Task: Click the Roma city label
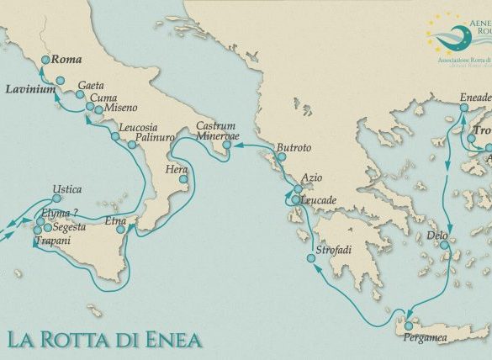(65, 61)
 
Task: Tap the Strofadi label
(334, 252)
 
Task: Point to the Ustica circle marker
(56, 199)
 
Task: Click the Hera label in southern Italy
(175, 169)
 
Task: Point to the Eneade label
(474, 98)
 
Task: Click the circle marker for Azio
(298, 190)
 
